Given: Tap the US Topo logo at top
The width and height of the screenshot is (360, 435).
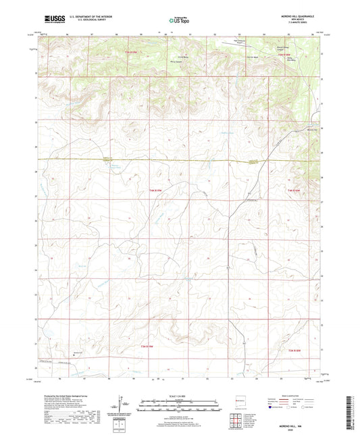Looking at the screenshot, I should pyautogui.click(x=179, y=20).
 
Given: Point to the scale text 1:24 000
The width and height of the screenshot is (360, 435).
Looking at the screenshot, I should pyautogui.click(x=179, y=396).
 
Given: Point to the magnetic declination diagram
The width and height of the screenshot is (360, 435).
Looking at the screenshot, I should pyautogui.click(x=122, y=405).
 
